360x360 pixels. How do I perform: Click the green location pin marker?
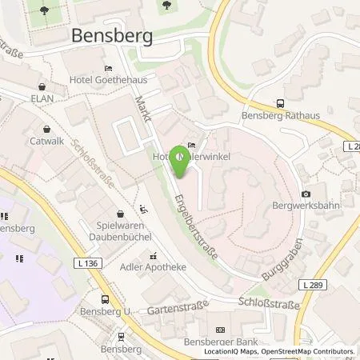click(x=179, y=160)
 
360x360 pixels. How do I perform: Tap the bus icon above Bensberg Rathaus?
click(x=280, y=103)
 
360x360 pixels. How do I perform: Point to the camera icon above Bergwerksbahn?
click(x=306, y=194)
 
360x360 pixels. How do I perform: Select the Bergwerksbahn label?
click(x=306, y=206)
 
